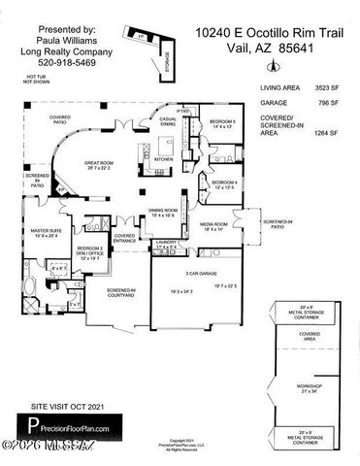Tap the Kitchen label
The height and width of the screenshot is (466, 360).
click(x=162, y=158)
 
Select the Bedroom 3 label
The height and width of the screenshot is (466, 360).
click(x=223, y=123)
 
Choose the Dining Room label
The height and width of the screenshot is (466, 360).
click(x=162, y=212)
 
